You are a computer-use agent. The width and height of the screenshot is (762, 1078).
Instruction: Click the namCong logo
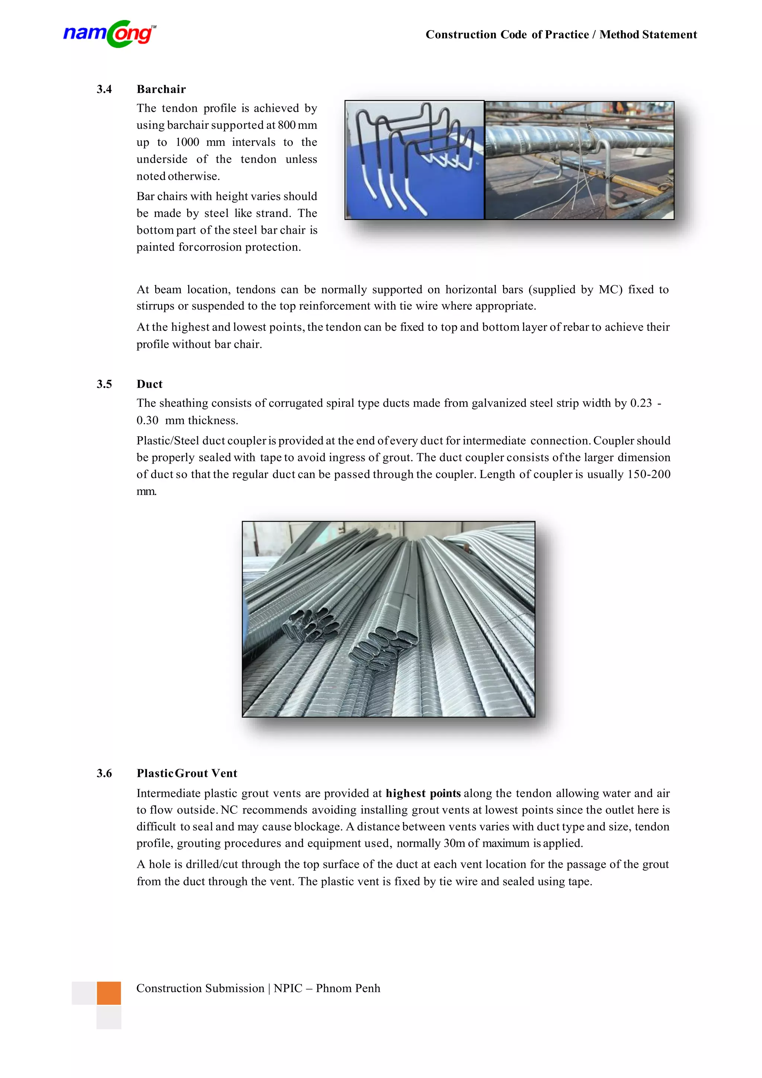pos(109,34)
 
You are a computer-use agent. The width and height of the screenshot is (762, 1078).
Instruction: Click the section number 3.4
pos(104,89)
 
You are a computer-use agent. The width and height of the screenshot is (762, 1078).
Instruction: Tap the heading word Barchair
pos(161,89)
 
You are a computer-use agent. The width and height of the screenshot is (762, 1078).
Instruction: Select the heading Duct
pos(149,384)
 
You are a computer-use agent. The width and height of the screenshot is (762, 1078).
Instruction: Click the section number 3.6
pos(104,773)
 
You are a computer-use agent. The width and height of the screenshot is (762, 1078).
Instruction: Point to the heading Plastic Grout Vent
pos(187,773)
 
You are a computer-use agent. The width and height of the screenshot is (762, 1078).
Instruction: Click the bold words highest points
pos(423,793)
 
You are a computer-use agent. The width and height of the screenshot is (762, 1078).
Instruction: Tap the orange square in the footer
pos(109,993)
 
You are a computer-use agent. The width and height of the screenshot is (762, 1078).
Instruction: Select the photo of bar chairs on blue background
pos(414,160)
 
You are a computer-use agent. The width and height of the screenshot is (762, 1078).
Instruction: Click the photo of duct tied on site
pos(579,160)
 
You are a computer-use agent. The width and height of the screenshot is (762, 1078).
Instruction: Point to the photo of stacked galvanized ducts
pos(388,619)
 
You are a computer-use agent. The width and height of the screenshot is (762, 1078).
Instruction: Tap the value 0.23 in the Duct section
pos(641,403)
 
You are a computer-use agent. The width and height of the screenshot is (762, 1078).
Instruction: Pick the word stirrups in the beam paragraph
pos(156,306)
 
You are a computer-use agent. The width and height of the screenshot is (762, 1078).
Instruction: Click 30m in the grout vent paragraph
pos(454,843)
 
